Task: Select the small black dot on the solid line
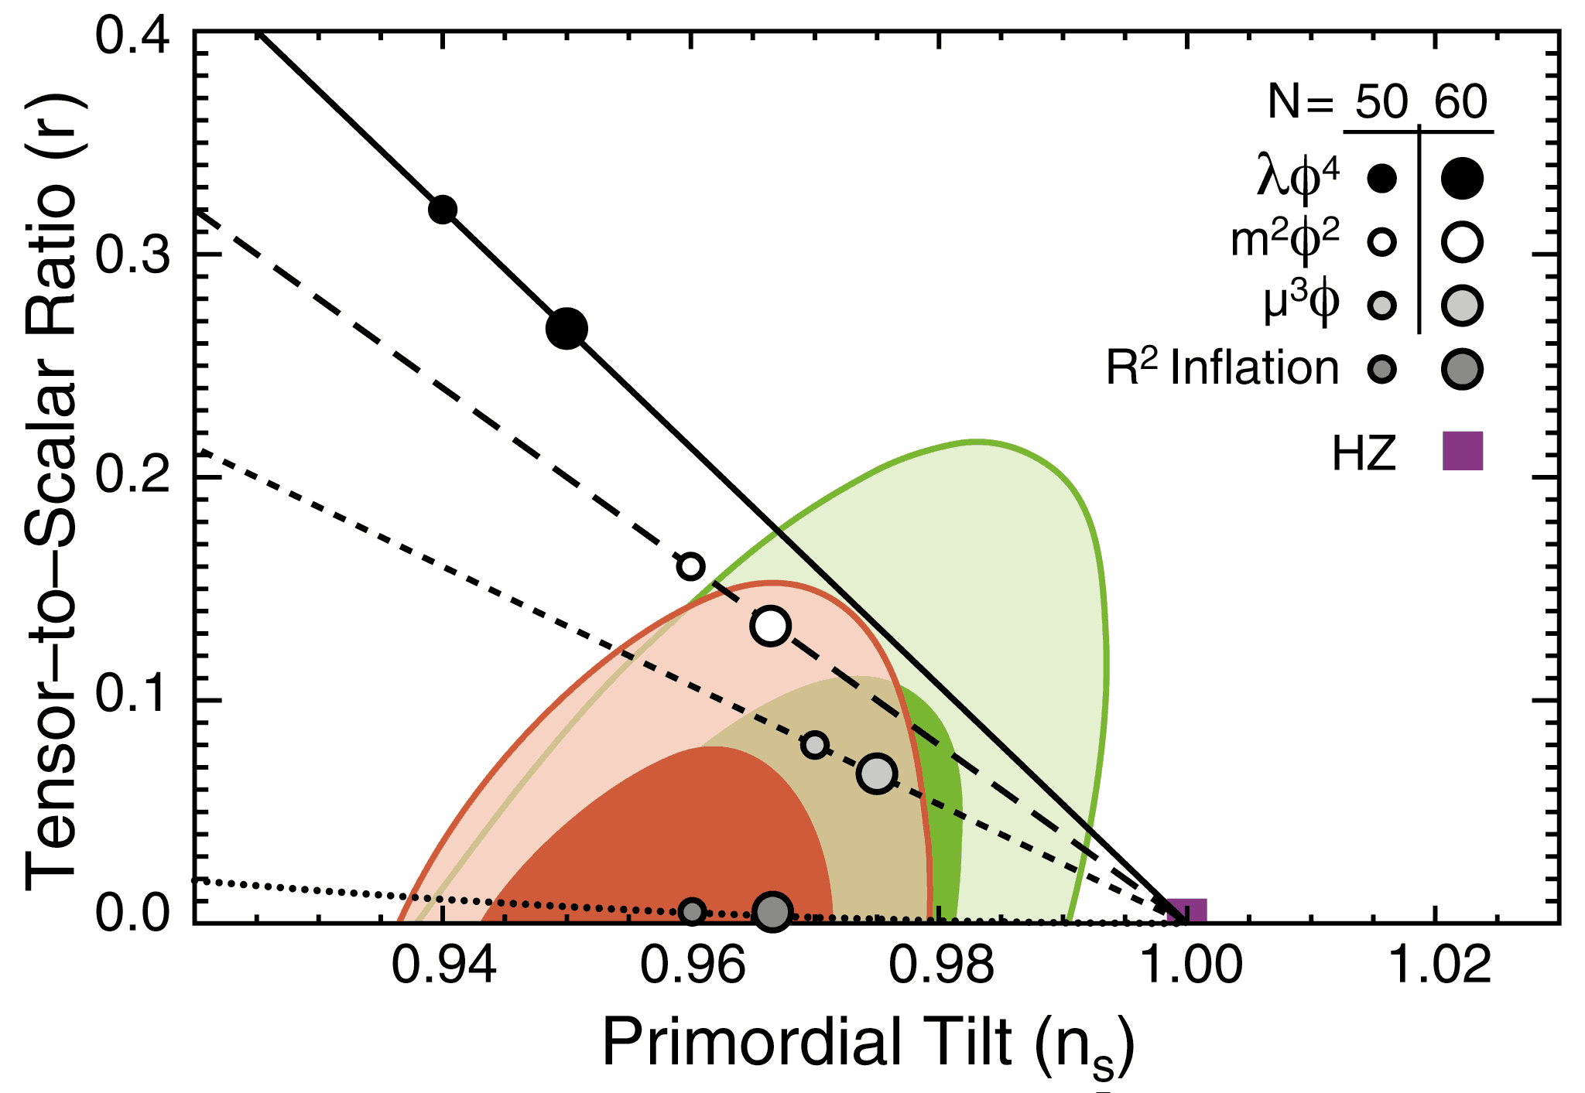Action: pos(443,209)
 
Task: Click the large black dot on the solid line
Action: pos(567,329)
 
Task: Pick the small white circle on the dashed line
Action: pos(690,566)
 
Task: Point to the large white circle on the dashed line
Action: pos(770,626)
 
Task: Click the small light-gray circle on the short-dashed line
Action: pos(815,745)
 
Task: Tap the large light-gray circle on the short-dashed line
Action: pos(877,773)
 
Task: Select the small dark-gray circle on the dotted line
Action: pos(693,911)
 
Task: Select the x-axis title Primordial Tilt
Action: pos(867,1043)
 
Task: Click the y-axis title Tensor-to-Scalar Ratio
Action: pos(50,495)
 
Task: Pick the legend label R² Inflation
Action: pos(1222,368)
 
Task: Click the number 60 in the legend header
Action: pos(1461,102)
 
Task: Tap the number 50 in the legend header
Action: pos(1381,102)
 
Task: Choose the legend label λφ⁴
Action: pos(1297,179)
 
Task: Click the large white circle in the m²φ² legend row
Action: pos(1462,242)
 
